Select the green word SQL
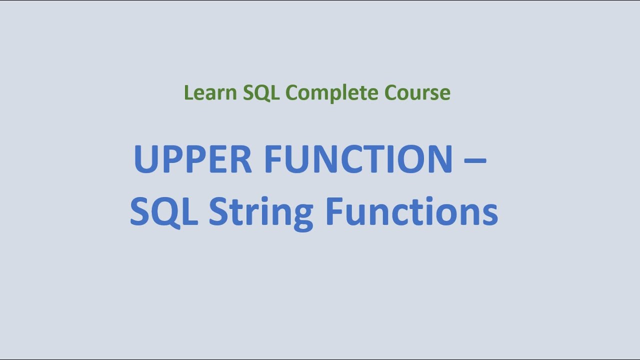261,93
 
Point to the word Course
417,93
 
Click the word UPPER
192,159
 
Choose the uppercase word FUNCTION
358,159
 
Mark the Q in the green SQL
261,93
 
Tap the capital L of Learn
188,93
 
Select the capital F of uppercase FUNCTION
272,159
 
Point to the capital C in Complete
292,93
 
